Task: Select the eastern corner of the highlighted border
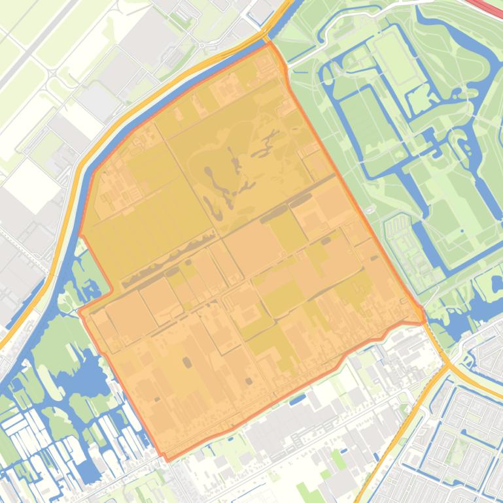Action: (424, 321)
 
